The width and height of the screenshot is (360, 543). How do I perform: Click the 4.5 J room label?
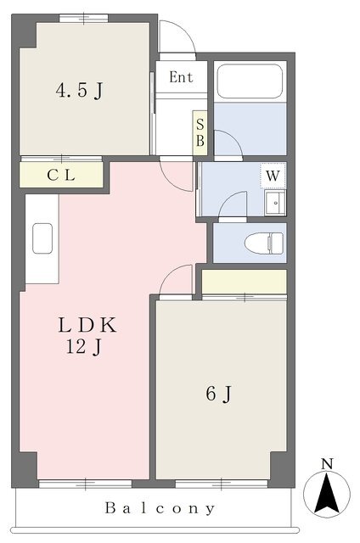tap(79, 91)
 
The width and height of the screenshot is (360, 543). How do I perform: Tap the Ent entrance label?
tap(181, 77)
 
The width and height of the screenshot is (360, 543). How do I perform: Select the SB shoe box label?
tap(200, 132)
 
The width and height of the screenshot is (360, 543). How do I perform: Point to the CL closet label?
tap(61, 176)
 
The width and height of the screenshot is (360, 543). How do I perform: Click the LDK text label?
tap(87, 326)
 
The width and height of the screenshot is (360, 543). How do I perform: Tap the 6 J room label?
tap(219, 394)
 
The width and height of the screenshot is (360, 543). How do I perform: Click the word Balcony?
tap(160, 508)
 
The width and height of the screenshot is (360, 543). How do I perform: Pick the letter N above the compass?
tap(327, 464)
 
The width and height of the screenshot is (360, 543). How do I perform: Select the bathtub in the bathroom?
tap(250, 81)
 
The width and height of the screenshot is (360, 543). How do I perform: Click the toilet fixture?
tap(264, 243)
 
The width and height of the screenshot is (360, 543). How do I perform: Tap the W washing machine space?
tap(273, 176)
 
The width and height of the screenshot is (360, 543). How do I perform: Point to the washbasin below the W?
tap(275, 203)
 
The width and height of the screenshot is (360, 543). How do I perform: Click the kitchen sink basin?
tap(42, 238)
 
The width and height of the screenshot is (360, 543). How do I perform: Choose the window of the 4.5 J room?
tap(83, 19)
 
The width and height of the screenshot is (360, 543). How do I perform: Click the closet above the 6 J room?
tap(244, 282)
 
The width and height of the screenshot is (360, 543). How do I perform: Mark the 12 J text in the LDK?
tap(84, 347)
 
